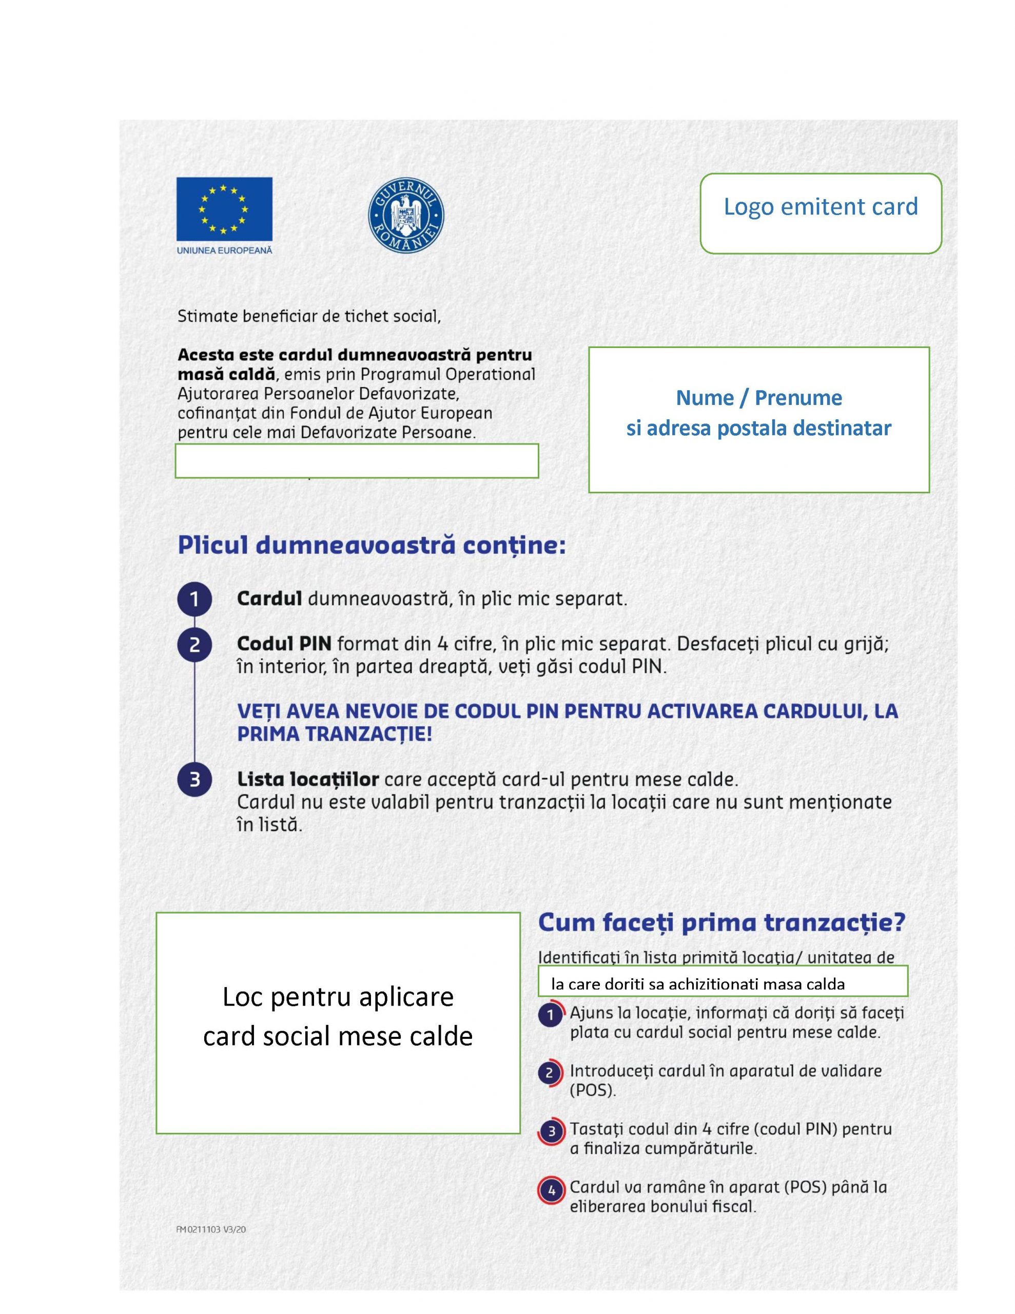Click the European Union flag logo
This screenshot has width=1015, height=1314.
[224, 209]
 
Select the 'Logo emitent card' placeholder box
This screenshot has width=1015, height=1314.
[820, 213]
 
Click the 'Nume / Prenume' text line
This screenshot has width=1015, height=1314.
[759, 398]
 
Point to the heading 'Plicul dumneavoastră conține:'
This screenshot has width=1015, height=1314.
[371, 546]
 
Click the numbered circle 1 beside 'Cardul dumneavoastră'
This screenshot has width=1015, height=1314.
[194, 599]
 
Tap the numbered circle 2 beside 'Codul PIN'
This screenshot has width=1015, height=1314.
[194, 645]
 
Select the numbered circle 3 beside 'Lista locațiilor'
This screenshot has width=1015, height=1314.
[194, 780]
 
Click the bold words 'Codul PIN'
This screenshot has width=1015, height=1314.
[284, 644]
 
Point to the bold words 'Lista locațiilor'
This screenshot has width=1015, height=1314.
[307, 779]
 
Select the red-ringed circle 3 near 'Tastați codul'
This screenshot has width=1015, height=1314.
[551, 1132]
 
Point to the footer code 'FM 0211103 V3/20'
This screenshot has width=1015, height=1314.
[210, 1230]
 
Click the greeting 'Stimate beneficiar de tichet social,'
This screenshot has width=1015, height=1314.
[308, 317]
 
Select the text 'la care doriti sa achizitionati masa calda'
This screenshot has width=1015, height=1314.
[698, 984]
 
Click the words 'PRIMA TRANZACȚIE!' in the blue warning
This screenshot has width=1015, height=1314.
[335, 735]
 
